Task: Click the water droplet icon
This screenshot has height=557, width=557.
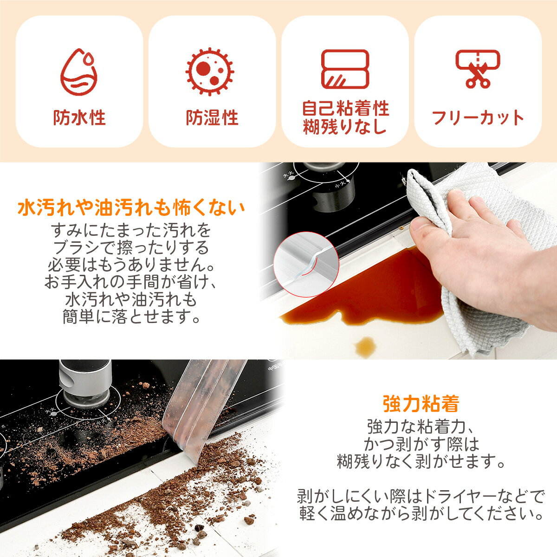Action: tap(79, 72)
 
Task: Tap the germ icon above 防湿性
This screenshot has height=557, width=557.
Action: tap(210, 72)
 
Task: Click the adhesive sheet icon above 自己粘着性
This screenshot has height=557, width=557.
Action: tap(345, 69)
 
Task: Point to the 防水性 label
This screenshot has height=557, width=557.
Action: tap(79, 118)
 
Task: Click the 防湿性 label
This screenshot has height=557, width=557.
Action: tap(212, 118)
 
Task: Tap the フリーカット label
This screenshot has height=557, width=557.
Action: tap(478, 118)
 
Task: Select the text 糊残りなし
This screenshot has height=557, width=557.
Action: tap(345, 127)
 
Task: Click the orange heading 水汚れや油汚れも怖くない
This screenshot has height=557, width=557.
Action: tap(131, 208)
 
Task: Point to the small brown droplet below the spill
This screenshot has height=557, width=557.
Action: tap(365, 346)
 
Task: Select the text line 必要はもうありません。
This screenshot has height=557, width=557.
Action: tap(131, 265)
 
